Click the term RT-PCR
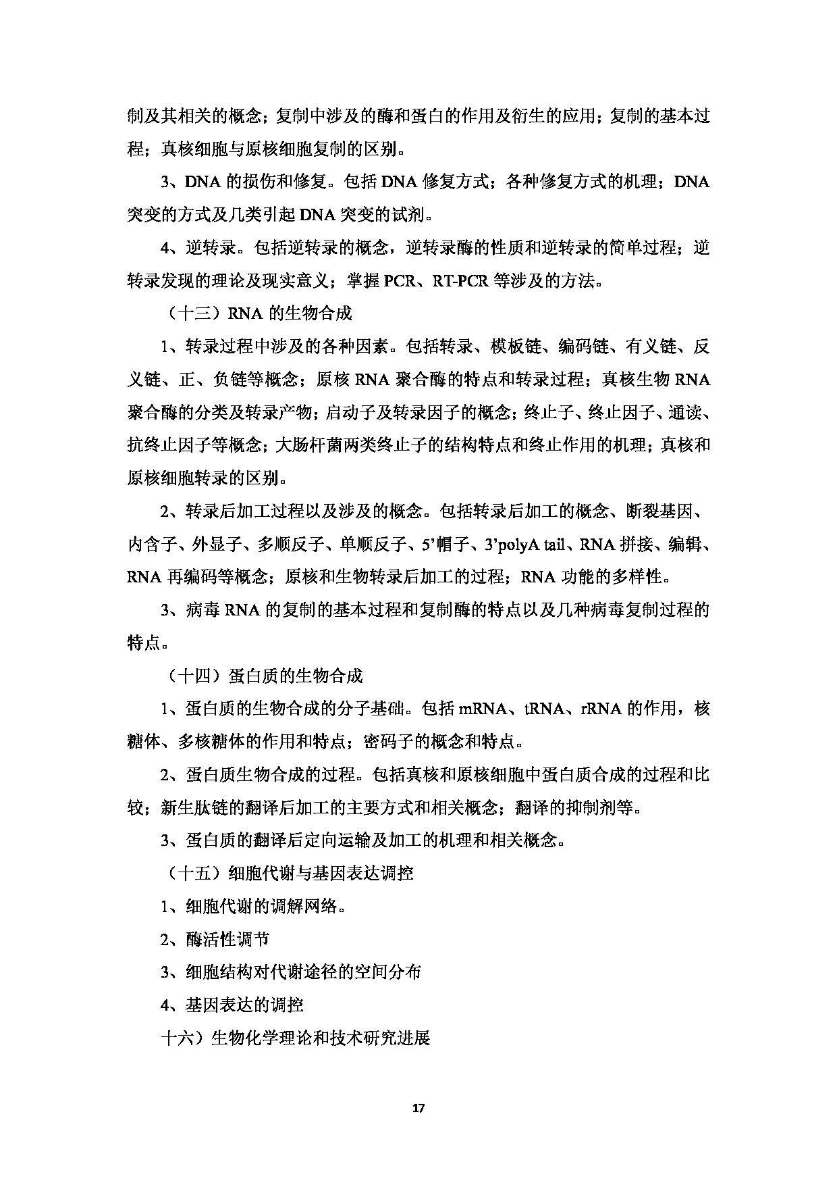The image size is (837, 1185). (x=460, y=281)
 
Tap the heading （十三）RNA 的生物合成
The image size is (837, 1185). (x=257, y=314)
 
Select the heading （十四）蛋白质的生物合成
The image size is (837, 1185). (x=263, y=676)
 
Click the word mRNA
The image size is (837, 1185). (x=482, y=709)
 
